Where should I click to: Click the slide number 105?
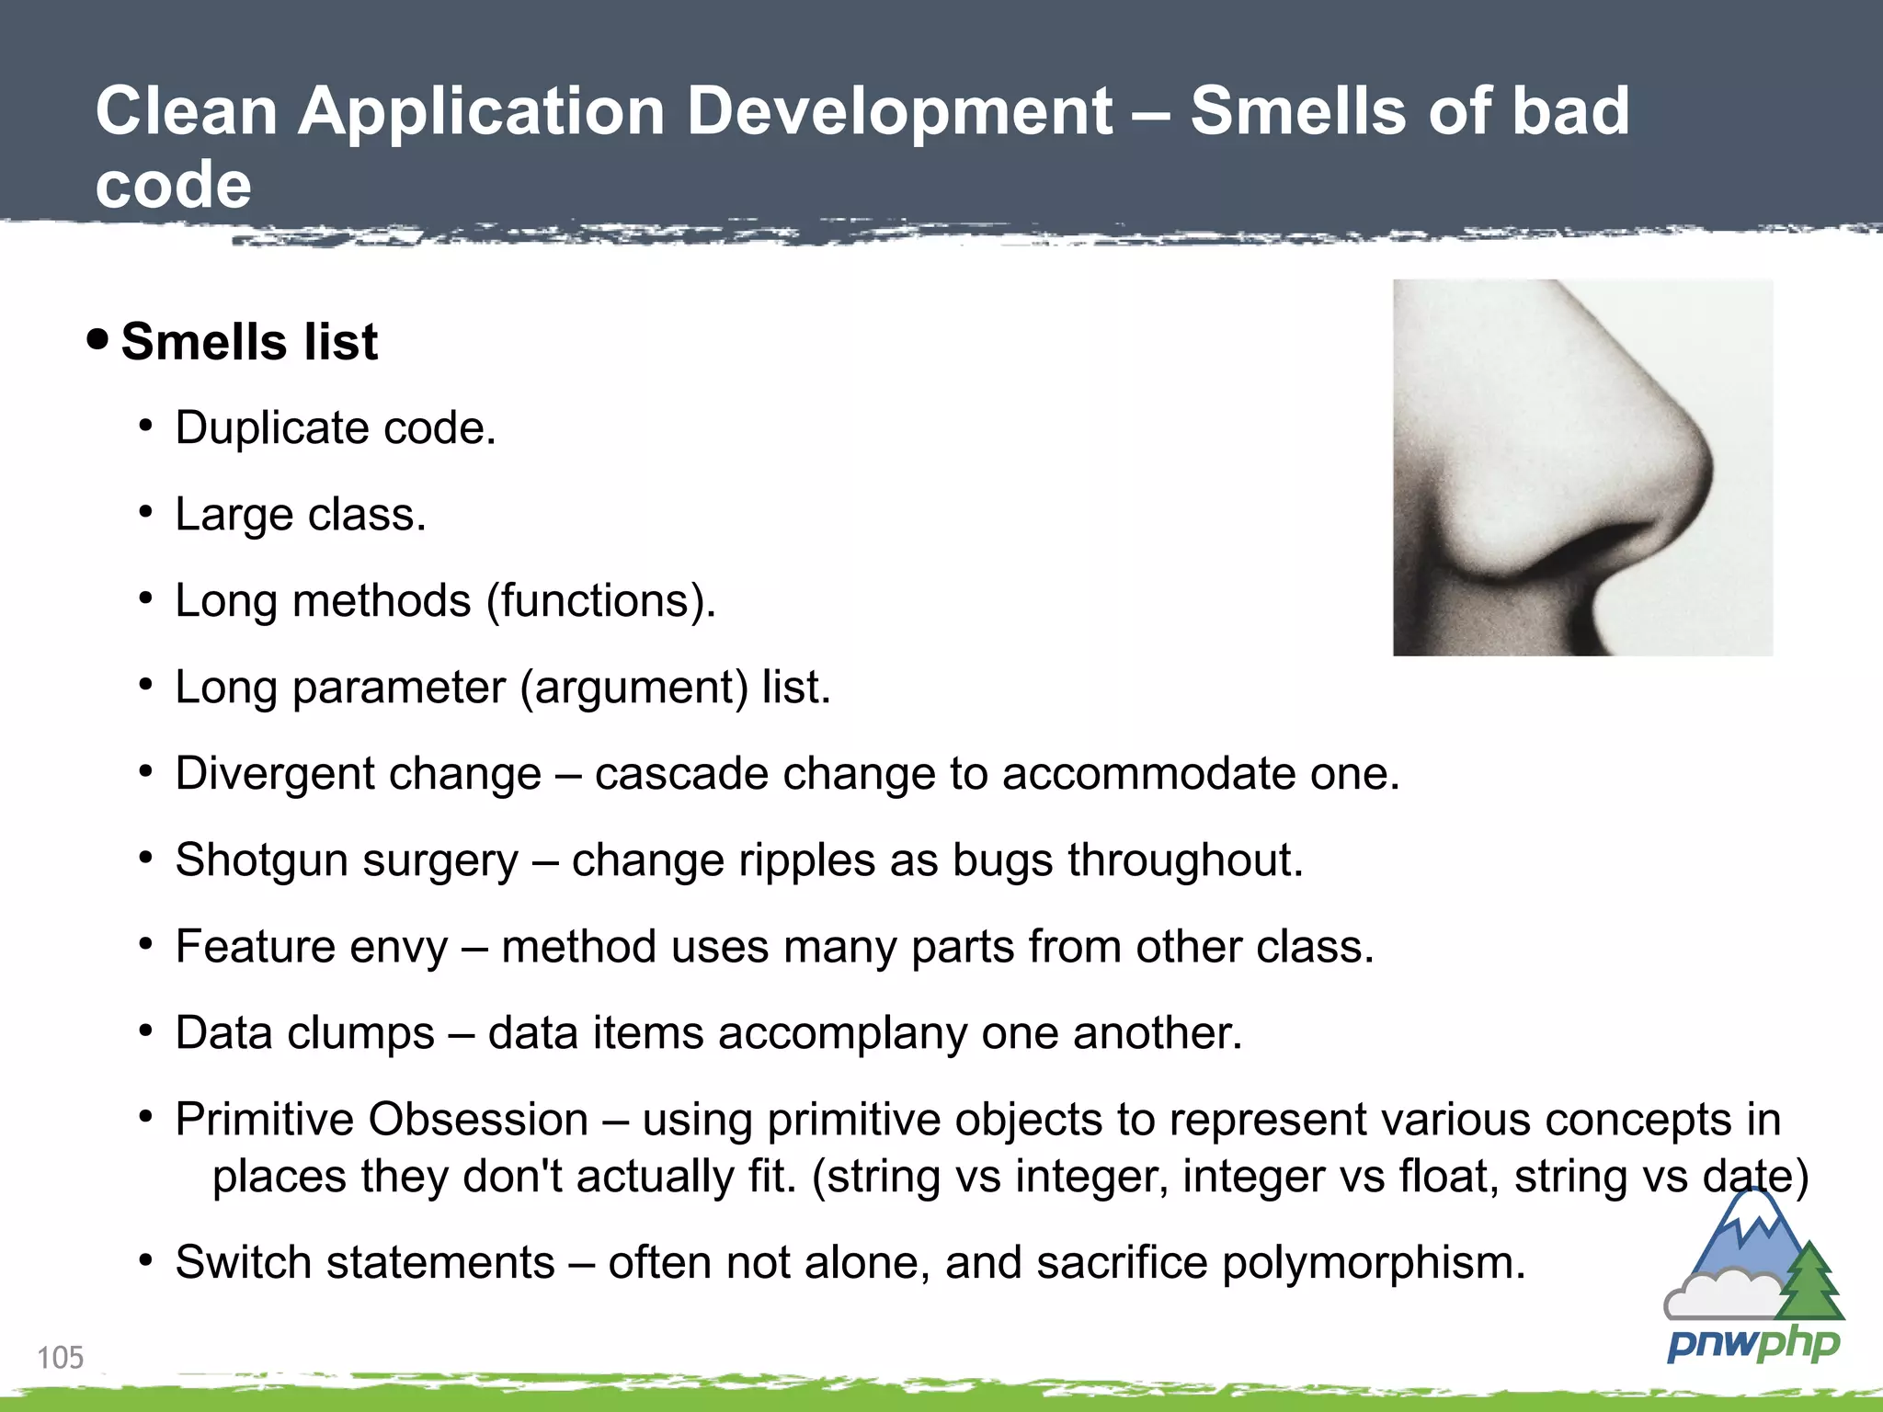pyautogui.click(x=60, y=1357)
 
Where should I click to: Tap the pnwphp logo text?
pyautogui.click(x=1752, y=1345)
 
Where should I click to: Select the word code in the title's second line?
pyautogui.click(x=173, y=185)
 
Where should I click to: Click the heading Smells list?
pyautogui.click(x=248, y=342)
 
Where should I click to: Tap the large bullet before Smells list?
pyautogui.click(x=97, y=340)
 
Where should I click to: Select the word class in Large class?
pyautogui.click(x=367, y=515)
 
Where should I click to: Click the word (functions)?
pyautogui.click(x=600, y=601)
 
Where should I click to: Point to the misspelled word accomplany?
pyautogui.click(x=842, y=1033)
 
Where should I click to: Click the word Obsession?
pyautogui.click(x=478, y=1120)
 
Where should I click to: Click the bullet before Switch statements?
pyautogui.click(x=145, y=1260)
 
